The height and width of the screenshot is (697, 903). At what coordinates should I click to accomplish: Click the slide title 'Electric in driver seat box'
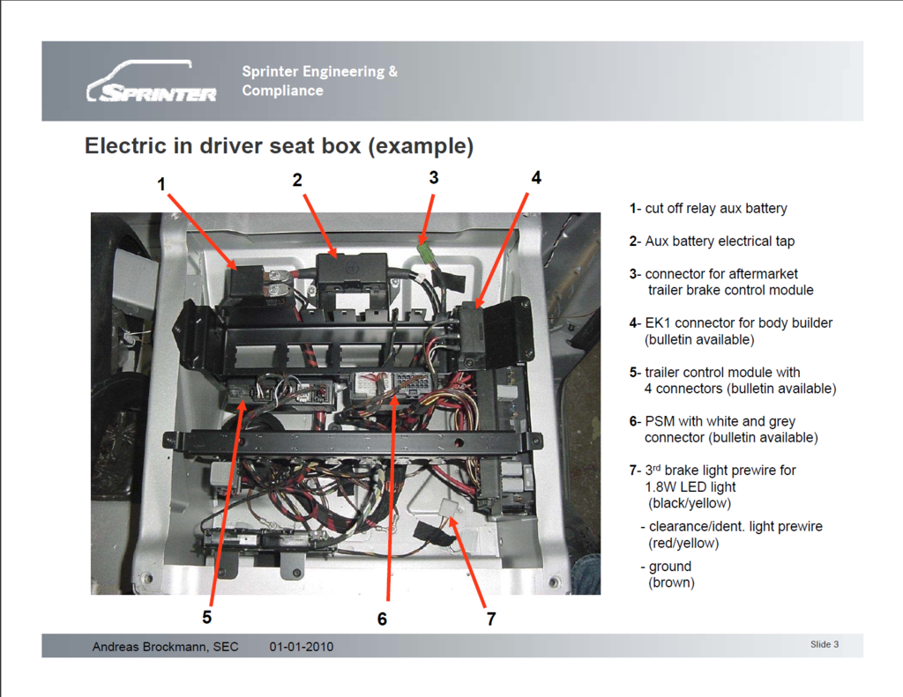coord(279,146)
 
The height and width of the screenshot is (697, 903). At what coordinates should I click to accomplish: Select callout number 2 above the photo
coord(297,180)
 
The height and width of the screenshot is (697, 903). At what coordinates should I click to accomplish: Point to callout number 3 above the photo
coord(433,177)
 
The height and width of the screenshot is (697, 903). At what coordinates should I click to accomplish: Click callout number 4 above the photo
coord(535,177)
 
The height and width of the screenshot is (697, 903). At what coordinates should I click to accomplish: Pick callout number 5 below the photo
coord(206,616)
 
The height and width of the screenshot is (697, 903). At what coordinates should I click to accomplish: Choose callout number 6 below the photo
coord(382,619)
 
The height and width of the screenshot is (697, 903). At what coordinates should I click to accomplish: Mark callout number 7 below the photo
coord(490,619)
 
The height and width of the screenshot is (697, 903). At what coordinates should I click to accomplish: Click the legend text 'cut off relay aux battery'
coord(715,209)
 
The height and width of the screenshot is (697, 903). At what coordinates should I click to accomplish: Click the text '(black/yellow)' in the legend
coord(689,503)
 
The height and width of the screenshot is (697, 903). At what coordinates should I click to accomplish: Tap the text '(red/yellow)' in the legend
coord(683,543)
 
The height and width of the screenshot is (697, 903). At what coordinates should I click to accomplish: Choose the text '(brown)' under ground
coord(671,582)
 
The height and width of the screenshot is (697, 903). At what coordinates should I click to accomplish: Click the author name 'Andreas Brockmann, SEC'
coord(165,647)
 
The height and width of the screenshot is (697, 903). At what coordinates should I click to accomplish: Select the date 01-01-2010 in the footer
coord(302,647)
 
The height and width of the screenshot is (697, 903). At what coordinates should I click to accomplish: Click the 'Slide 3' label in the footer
coord(824,645)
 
